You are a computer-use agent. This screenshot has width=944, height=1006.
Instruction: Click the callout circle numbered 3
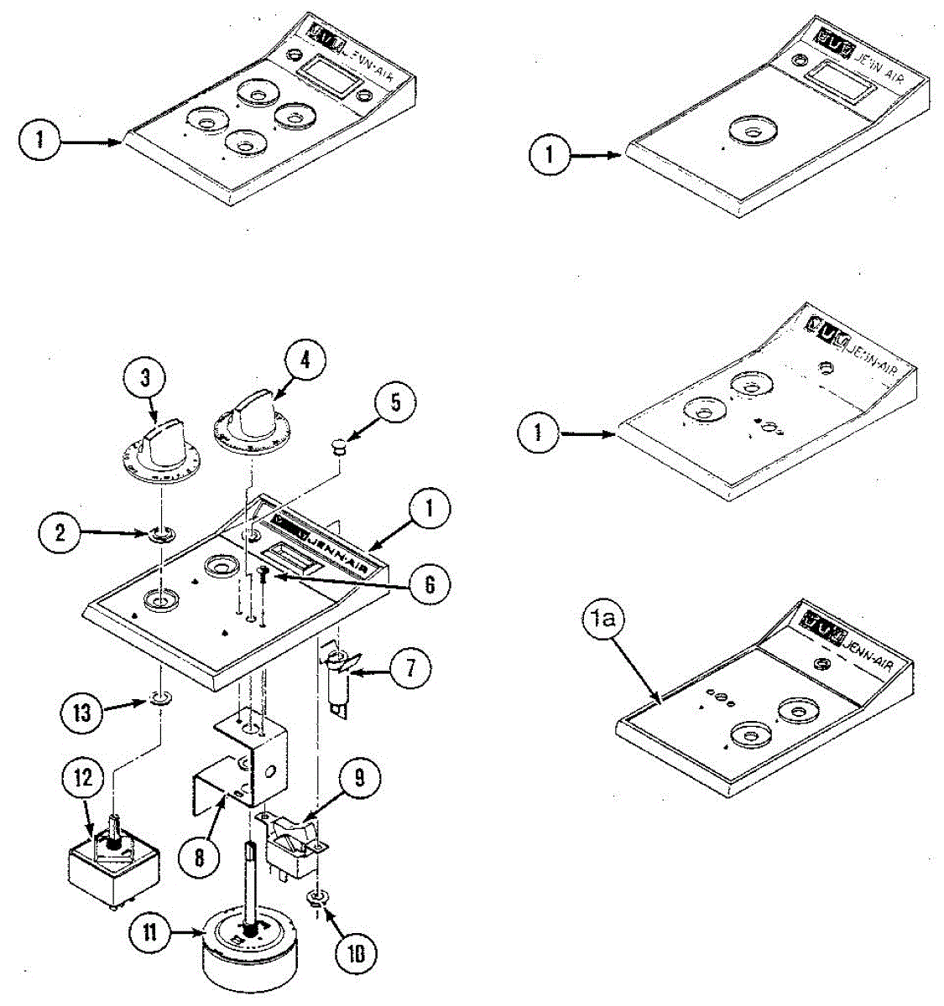(x=144, y=377)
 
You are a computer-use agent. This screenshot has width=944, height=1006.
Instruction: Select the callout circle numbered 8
(x=200, y=859)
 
